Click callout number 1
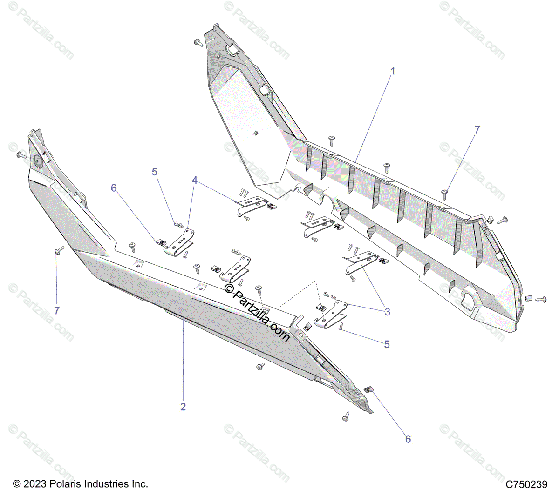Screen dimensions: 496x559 (393, 71)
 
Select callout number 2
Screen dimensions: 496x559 (183, 407)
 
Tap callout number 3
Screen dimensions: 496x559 (388, 312)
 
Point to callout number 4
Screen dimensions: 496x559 (195, 180)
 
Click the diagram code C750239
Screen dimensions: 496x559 (527, 484)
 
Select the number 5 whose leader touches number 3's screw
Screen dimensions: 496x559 (387, 344)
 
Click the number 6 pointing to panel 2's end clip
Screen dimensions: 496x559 (408, 439)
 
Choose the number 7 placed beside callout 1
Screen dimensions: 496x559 (477, 130)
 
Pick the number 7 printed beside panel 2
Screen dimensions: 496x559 (57, 310)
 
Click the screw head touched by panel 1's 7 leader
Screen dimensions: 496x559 (444, 191)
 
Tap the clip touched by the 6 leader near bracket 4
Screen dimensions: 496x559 (160, 242)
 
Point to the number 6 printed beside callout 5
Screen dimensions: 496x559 (114, 188)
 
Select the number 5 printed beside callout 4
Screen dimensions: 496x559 (155, 172)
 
